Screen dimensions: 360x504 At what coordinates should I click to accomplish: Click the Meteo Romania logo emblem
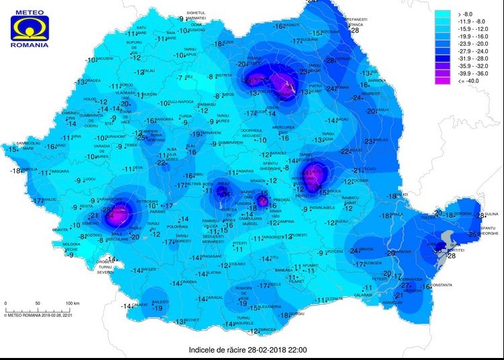[x=28, y=25]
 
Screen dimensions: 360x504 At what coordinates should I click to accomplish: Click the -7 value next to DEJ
[x=180, y=78]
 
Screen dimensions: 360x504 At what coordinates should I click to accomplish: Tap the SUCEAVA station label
[x=309, y=40]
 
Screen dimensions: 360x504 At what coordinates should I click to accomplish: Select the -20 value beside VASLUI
[x=369, y=111]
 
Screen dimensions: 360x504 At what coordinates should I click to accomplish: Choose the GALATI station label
[x=402, y=195]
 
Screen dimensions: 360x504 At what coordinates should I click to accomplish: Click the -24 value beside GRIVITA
[x=354, y=250]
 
